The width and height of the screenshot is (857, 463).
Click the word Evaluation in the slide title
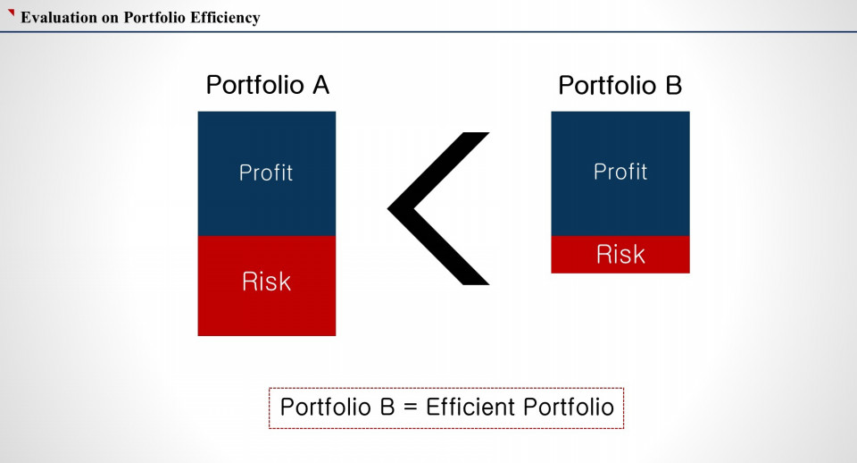[59, 18]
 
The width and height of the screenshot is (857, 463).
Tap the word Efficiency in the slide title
[225, 18]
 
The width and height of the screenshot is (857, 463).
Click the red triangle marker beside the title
[11, 13]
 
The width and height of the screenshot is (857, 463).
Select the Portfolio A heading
[268, 86]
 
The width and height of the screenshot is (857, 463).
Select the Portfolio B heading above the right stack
[620, 86]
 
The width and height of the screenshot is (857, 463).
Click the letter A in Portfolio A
[320, 86]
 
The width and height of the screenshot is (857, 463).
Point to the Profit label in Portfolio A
[266, 173]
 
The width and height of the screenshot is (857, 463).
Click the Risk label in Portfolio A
[267, 282]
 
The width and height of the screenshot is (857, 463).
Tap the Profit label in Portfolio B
[620, 172]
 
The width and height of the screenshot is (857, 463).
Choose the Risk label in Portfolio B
[620, 255]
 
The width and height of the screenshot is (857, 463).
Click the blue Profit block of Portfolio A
[267, 174]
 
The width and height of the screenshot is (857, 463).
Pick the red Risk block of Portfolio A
[267, 286]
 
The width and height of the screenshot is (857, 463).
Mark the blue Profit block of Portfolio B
[620, 174]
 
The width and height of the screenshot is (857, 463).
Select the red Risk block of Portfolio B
[620, 255]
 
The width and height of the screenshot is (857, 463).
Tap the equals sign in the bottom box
[411, 408]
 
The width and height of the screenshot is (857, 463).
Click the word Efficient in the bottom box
[470, 408]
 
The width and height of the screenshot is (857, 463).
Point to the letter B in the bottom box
[387, 408]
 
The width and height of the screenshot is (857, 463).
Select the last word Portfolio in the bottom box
[569, 408]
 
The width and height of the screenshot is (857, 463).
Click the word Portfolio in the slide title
[154, 18]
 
